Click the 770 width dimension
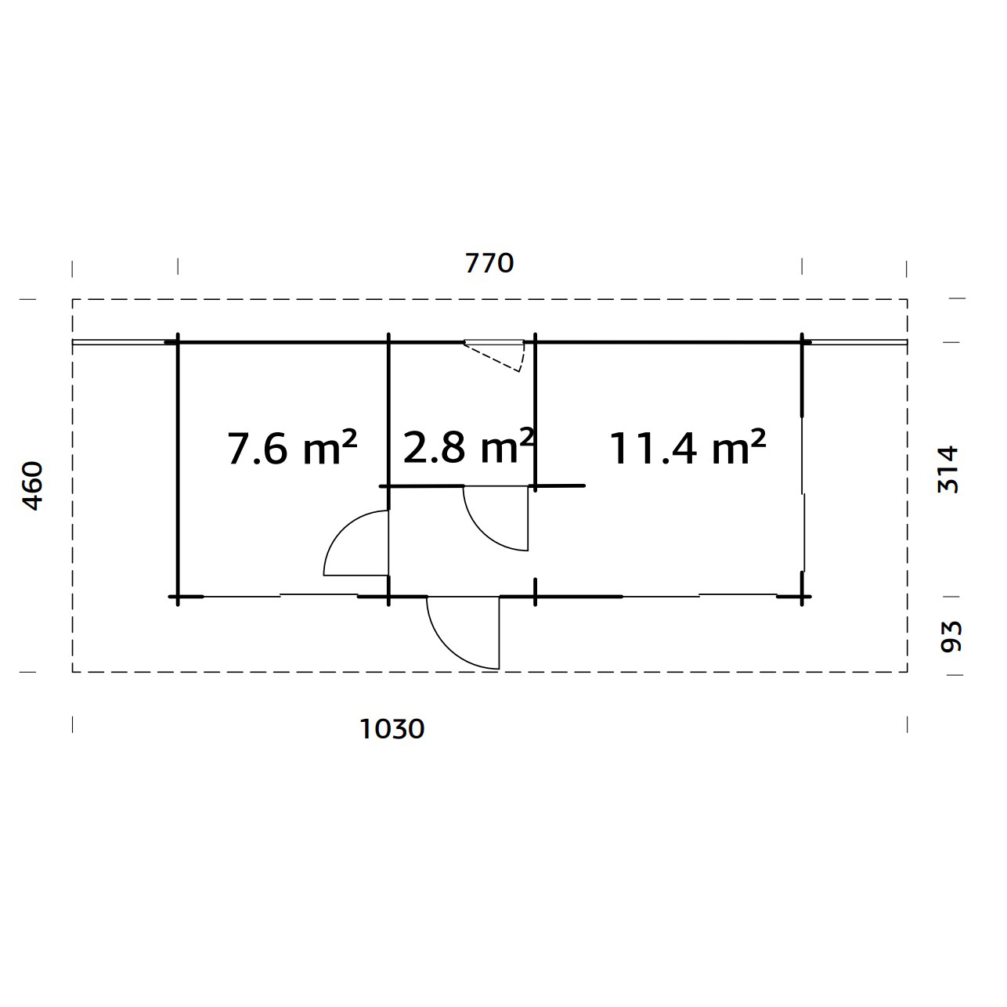pyautogui.click(x=489, y=263)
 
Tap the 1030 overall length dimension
pyautogui.click(x=392, y=729)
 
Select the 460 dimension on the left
pyautogui.click(x=32, y=485)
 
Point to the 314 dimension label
pyautogui.click(x=948, y=468)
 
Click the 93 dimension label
pyautogui.click(x=950, y=636)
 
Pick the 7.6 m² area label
pyautogui.click(x=292, y=448)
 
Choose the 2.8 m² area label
pyautogui.click(x=468, y=446)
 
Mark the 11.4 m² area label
pyautogui.click(x=687, y=448)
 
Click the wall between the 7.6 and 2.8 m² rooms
pyautogui.click(x=388, y=415)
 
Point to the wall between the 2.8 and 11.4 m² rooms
pyautogui.click(x=536, y=415)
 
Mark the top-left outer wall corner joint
pyautogui.click(x=178, y=342)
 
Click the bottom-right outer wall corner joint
pyautogui.click(x=802, y=597)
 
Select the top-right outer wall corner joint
pyautogui.click(x=802, y=342)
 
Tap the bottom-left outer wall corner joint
pyautogui.click(x=178, y=597)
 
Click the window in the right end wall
pyautogui.click(x=803, y=493)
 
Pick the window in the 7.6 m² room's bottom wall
pyautogui.click(x=280, y=596)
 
